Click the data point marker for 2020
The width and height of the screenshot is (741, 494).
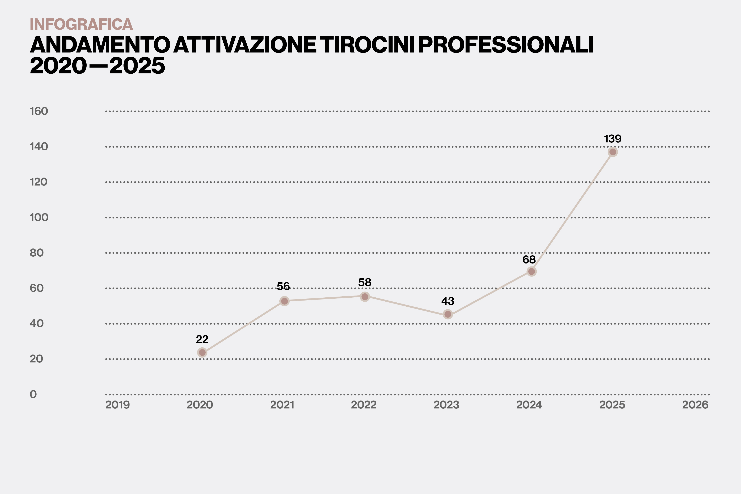click(x=202, y=352)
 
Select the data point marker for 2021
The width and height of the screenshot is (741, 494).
click(x=284, y=301)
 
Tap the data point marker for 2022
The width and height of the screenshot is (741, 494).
click(x=365, y=297)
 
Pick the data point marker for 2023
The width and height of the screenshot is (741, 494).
click(x=448, y=314)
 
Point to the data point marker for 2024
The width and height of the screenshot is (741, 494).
click(x=531, y=271)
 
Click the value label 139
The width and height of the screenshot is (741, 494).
click(x=613, y=139)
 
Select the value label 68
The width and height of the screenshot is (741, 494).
click(x=529, y=260)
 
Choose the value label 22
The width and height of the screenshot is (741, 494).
click(x=202, y=339)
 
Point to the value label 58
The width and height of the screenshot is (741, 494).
click(x=365, y=283)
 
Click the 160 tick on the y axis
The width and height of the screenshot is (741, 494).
click(x=39, y=111)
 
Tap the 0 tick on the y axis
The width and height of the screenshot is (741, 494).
click(x=33, y=394)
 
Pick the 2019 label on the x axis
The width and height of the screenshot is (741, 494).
click(x=118, y=405)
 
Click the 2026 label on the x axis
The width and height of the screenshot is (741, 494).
click(x=695, y=405)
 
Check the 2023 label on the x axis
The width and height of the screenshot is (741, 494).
click(x=447, y=405)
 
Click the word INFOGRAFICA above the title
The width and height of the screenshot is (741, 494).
click(x=81, y=24)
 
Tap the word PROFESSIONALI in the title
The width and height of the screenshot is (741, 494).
click(x=506, y=45)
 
